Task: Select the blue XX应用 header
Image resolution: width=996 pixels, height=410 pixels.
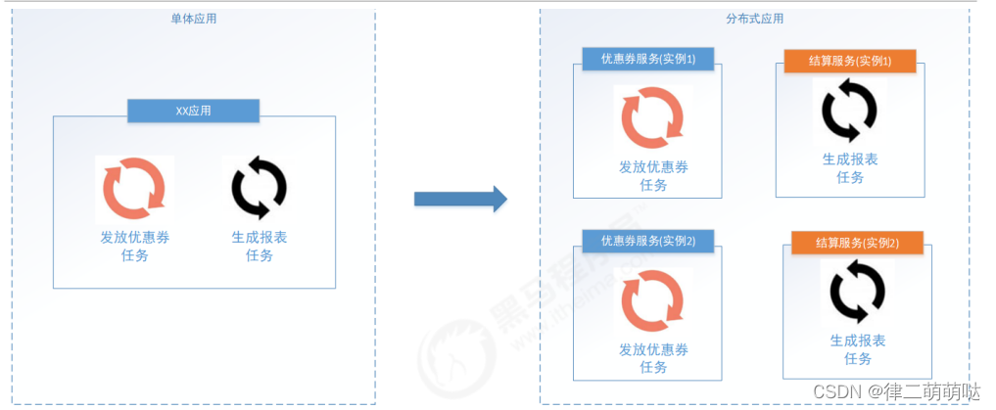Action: (x=193, y=111)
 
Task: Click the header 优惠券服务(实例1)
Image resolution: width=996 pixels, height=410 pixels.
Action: (x=647, y=60)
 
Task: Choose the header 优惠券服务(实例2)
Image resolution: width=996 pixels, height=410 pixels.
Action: (x=647, y=241)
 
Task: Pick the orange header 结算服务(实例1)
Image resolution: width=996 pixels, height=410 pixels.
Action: (x=849, y=62)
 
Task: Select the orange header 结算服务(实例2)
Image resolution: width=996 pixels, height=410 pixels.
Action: (x=857, y=243)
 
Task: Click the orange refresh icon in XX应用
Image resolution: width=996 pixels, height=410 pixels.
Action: (x=134, y=188)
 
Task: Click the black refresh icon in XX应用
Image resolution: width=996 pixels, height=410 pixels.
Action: (x=259, y=188)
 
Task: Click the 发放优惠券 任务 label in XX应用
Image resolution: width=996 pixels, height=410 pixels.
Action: (x=134, y=247)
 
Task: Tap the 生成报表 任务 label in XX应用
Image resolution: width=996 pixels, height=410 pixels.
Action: (x=259, y=247)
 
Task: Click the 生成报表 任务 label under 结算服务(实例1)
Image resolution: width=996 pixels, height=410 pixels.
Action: (x=849, y=167)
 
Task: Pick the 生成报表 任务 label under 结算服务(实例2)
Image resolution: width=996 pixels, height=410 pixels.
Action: (x=857, y=349)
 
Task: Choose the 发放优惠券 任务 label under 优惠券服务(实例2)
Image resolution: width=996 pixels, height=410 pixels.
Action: (x=652, y=358)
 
